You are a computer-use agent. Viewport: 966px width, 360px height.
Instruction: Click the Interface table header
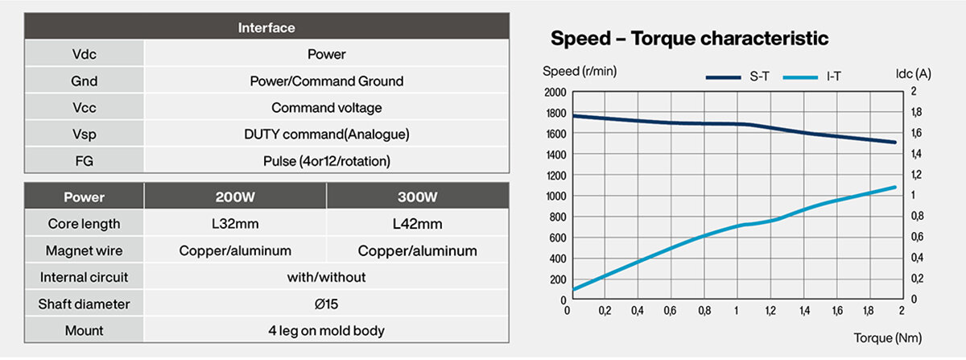(x=266, y=27)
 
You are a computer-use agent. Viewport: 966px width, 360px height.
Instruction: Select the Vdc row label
(x=85, y=55)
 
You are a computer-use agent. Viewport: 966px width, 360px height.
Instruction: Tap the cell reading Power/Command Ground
(x=327, y=81)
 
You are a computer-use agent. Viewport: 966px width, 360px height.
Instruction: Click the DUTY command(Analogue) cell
(x=327, y=134)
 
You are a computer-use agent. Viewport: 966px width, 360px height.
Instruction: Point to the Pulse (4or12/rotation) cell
(x=327, y=161)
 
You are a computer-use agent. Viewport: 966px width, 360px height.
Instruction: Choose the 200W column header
(x=235, y=197)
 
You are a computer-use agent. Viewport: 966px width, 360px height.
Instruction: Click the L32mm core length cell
(x=235, y=224)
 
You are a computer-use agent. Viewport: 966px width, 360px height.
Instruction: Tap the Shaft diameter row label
(x=85, y=304)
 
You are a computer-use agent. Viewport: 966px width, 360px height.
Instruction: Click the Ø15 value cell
(x=327, y=304)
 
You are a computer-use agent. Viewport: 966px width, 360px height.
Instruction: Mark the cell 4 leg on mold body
(x=327, y=331)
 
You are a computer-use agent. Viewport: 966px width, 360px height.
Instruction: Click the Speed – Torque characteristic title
(x=689, y=38)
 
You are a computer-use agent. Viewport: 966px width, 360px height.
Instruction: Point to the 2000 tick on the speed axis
(x=555, y=92)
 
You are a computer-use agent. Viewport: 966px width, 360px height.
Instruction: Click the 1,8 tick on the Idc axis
(x=915, y=113)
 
